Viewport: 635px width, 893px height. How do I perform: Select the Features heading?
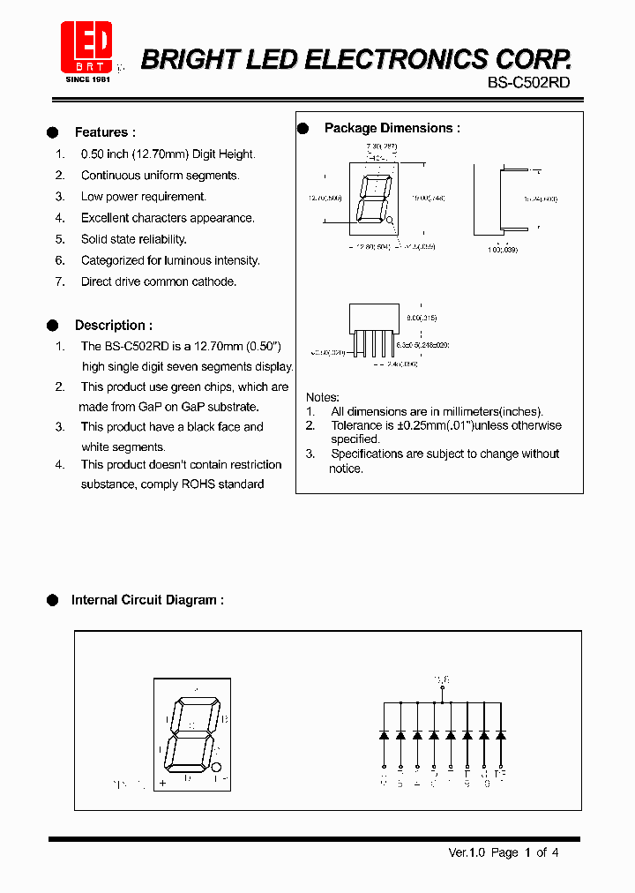tap(105, 132)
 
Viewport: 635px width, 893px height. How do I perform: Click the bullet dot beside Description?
tap(52, 325)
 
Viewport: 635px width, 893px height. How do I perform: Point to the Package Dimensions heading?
tap(392, 128)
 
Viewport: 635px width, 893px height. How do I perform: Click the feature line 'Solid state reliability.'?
tap(134, 239)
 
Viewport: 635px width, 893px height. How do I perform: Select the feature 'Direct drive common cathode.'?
tap(159, 281)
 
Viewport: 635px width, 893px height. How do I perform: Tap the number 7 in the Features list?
tap(60, 281)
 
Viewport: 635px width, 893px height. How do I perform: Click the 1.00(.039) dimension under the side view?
tap(504, 251)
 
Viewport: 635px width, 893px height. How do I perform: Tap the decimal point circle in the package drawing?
tap(390, 223)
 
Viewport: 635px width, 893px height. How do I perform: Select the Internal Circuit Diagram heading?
tap(146, 600)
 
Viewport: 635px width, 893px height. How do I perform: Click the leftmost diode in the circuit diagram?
tap(384, 734)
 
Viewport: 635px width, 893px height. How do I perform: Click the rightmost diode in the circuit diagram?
tap(501, 734)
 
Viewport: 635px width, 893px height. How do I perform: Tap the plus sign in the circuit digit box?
tap(162, 783)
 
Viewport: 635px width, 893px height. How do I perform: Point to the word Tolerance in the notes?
tap(357, 425)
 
